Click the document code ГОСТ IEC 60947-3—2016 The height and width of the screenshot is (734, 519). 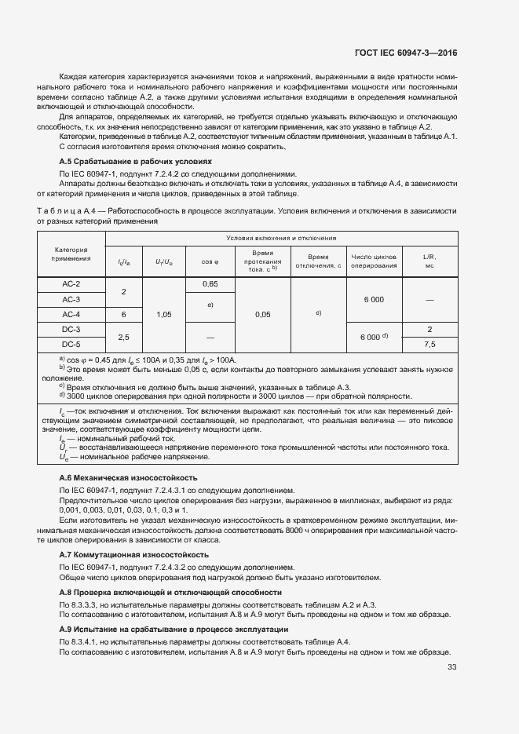coord(400,53)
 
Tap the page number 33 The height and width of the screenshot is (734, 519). coord(451,667)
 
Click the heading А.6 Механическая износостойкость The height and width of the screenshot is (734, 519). coord(129,477)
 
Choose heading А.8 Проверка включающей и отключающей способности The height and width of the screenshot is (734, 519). coord(171,592)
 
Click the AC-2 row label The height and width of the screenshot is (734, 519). coord(71,283)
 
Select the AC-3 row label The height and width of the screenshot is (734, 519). coord(71,299)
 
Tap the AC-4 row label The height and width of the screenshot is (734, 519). coord(71,314)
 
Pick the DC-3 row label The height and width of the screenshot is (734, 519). coord(71,329)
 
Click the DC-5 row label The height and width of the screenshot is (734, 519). coord(71,344)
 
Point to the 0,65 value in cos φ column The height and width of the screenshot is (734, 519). coord(210,283)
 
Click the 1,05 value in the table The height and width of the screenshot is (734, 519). coord(164,314)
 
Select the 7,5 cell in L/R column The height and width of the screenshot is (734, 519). coord(429,344)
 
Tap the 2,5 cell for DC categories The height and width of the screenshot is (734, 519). coord(122,337)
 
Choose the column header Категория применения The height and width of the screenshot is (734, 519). coord(71,254)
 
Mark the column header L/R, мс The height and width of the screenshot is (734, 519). coord(429,261)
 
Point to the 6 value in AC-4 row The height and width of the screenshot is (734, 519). coord(122,314)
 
